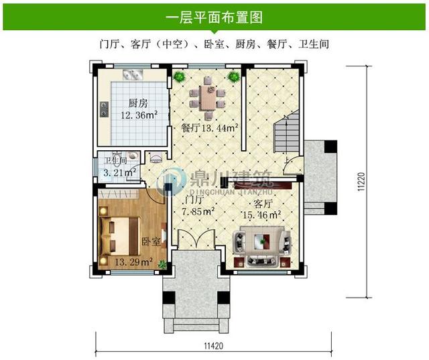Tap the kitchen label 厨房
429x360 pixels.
tap(138, 103)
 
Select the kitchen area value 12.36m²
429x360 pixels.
tap(139, 115)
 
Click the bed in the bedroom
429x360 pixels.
tap(121, 234)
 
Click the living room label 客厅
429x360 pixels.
tap(262, 203)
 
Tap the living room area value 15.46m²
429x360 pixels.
tap(261, 215)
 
